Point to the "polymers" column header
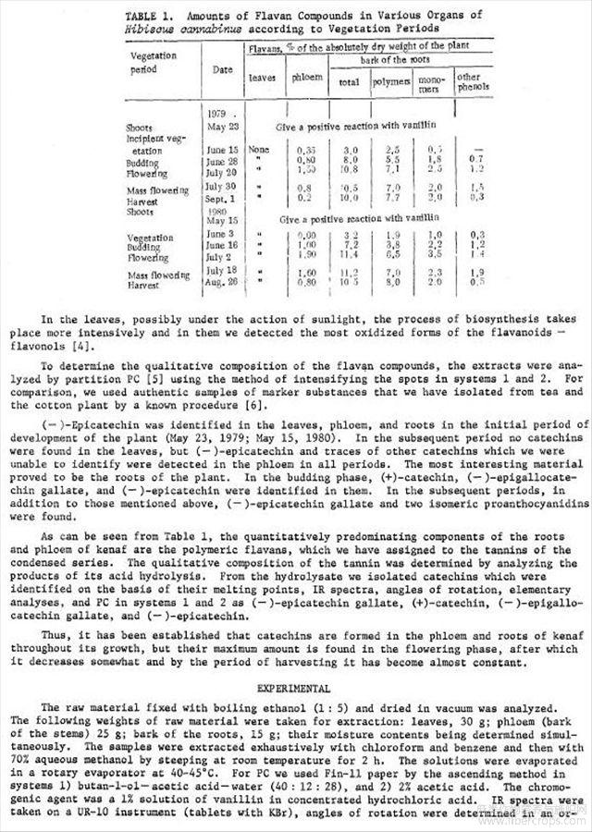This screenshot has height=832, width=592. pos(393,81)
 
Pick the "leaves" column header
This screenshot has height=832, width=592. pos(262,79)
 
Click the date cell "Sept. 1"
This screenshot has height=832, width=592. pos(223,199)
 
